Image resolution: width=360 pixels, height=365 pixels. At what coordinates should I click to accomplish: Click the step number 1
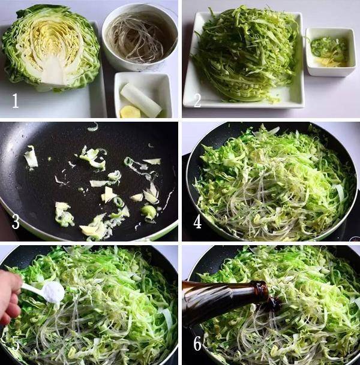[16, 100]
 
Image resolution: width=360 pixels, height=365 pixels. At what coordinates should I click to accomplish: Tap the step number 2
[197, 100]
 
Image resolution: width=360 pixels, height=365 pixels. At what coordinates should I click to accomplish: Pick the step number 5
[16, 344]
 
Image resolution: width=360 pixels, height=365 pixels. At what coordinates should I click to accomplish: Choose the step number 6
[197, 344]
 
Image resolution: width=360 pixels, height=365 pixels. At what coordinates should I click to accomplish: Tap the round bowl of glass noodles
[139, 38]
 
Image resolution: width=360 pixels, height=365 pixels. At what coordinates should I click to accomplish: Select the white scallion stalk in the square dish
[141, 99]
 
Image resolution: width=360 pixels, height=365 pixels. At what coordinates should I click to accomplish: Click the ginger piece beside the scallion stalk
[130, 112]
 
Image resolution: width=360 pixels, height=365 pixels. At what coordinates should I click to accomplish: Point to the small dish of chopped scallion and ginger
[331, 52]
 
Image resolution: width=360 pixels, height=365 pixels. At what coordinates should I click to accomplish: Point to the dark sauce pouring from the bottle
[274, 303]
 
